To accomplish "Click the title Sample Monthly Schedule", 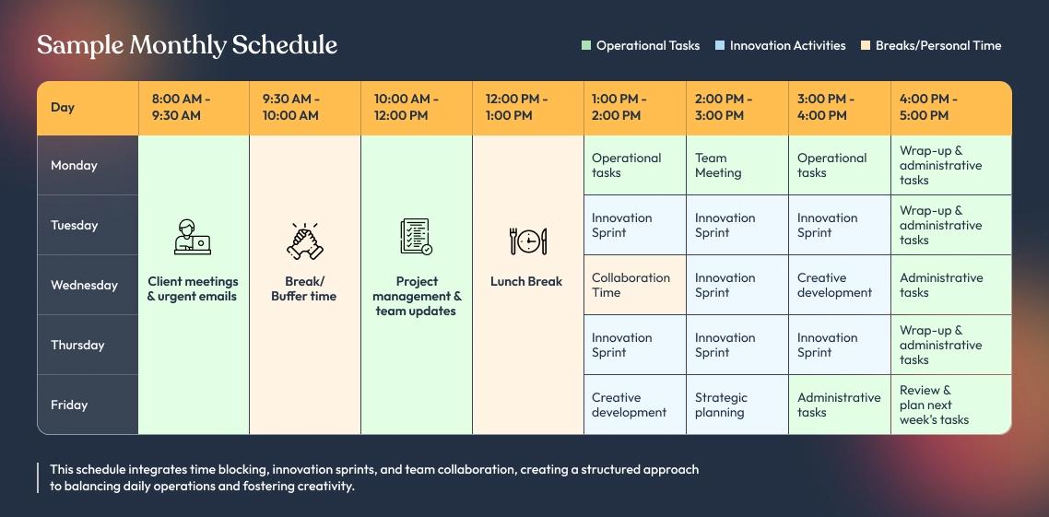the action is (x=187, y=45).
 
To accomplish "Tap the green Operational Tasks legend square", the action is (x=586, y=45).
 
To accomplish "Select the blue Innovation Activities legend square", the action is (x=720, y=45).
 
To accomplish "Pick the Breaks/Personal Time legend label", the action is (x=938, y=45).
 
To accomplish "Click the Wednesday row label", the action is (x=84, y=285).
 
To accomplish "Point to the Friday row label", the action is (x=69, y=405).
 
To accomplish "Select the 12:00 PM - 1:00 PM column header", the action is (x=516, y=107).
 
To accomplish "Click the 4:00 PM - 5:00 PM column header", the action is (x=928, y=107).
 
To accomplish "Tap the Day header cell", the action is (x=62, y=107).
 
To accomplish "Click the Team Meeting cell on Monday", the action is (x=737, y=165).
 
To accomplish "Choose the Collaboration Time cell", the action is (x=635, y=285).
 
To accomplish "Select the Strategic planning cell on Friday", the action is (x=737, y=405).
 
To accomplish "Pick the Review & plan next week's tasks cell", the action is (x=950, y=405).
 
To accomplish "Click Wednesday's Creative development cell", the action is (x=840, y=285).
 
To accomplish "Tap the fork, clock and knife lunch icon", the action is (x=528, y=241).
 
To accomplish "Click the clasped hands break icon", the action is (x=304, y=241).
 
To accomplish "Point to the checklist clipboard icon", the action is (x=416, y=237).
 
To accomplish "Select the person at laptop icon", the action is (x=193, y=237).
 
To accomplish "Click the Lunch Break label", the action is (x=526, y=282).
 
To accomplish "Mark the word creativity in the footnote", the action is (x=326, y=487).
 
